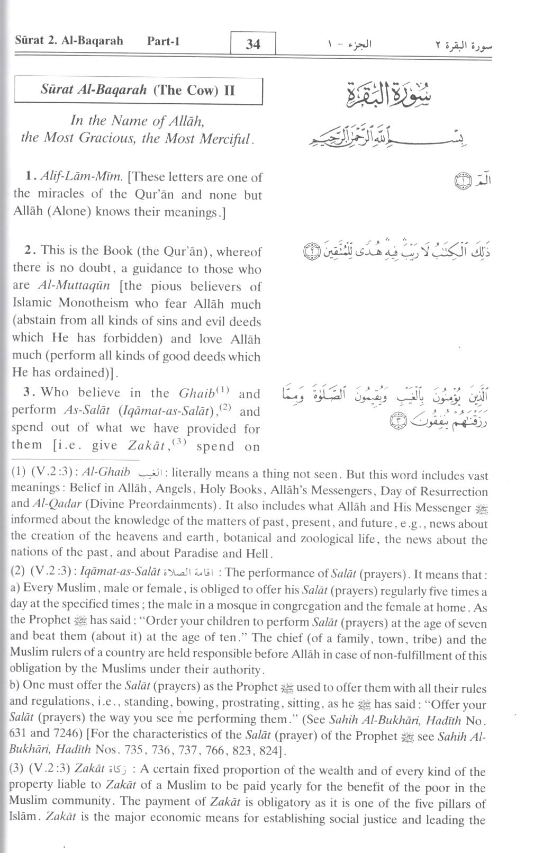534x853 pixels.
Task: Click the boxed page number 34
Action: [253, 44]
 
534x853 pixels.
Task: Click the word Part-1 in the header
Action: [164, 41]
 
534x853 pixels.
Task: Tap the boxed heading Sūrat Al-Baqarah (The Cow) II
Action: [138, 90]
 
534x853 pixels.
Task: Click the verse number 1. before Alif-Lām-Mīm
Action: [30, 177]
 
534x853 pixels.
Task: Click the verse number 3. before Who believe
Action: [29, 392]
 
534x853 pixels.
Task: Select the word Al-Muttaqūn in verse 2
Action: [75, 286]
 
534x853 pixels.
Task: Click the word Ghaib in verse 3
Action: [196, 393]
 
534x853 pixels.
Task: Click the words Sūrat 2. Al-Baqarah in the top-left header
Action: [69, 41]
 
